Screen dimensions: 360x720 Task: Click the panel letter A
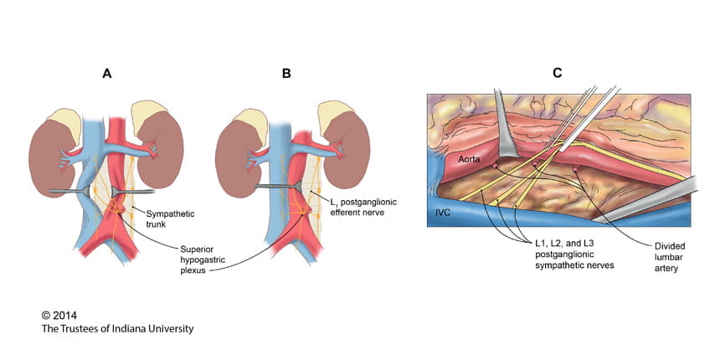pyautogui.click(x=106, y=74)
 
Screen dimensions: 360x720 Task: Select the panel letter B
pyautogui.click(x=286, y=74)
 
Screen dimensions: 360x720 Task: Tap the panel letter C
pyautogui.click(x=558, y=74)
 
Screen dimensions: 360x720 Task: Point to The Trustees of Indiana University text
pyautogui.click(x=117, y=329)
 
